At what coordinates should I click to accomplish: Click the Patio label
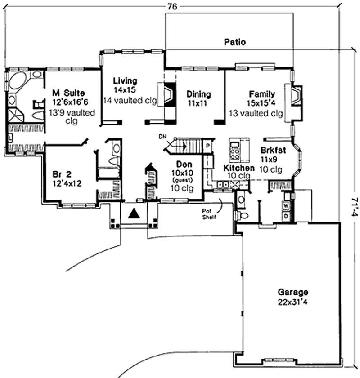point(235,43)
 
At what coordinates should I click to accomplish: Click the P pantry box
point(208,146)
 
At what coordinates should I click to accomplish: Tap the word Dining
point(198,94)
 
